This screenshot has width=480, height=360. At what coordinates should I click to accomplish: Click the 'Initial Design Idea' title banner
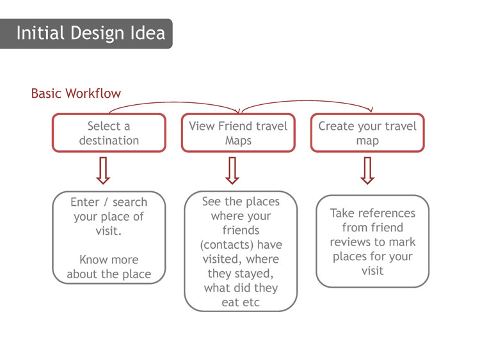(86, 33)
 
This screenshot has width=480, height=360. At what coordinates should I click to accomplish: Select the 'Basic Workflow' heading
(76, 93)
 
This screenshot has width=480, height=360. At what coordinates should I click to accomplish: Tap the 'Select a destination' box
(109, 133)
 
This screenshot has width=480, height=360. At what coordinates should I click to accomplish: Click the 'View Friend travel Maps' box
(238, 133)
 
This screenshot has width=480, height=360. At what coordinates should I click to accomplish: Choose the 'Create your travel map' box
(367, 133)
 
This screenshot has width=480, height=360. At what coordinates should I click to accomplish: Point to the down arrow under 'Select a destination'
(103, 171)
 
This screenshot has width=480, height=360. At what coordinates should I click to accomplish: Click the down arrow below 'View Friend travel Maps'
(232, 171)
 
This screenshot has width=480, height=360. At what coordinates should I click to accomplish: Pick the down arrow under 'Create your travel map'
(367, 171)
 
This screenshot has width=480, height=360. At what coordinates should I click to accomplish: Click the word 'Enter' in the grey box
(84, 202)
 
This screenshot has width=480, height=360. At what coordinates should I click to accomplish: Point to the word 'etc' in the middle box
(250, 302)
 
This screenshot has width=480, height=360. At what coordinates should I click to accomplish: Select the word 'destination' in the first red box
(109, 141)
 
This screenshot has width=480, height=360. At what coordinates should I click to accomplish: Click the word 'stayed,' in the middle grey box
(256, 274)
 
